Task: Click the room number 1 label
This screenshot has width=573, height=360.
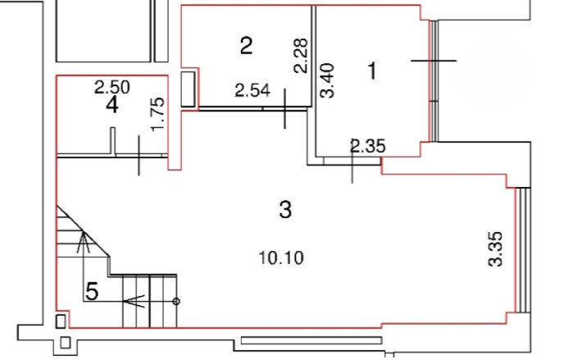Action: tap(372, 71)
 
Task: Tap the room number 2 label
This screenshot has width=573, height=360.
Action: tap(246, 46)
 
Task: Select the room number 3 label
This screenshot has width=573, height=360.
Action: tap(285, 210)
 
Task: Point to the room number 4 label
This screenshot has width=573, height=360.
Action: tap(112, 105)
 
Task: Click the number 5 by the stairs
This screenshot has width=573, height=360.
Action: tap(92, 292)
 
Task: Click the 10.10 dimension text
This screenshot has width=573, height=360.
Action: tap(281, 258)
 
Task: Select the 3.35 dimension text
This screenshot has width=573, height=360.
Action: tap(496, 249)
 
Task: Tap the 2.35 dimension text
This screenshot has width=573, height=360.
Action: tap(367, 146)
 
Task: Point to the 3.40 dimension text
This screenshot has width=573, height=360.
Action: tap(327, 80)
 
